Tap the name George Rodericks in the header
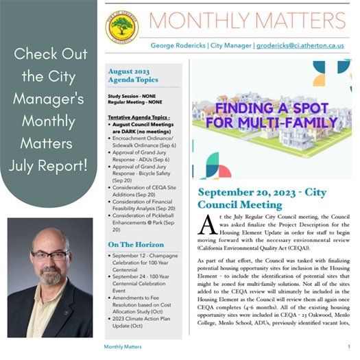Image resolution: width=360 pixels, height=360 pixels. point(179,46)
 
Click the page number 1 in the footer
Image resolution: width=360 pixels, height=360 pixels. point(349,348)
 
